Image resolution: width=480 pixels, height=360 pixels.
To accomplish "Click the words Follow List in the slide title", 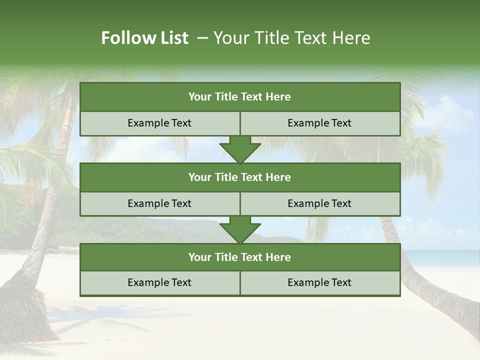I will point(144,38).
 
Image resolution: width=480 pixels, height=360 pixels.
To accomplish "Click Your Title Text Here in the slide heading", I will point(291,38).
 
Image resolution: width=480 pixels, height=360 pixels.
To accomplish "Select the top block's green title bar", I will point(240,97).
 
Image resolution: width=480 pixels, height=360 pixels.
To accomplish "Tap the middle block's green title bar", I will point(240,177).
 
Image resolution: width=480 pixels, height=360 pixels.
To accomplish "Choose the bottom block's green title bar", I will point(240,257).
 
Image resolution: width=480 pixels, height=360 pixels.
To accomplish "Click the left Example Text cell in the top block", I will point(159,123).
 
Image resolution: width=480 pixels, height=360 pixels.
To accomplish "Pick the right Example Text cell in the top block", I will point(319,123).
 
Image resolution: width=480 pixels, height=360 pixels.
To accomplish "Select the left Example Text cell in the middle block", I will point(159,203).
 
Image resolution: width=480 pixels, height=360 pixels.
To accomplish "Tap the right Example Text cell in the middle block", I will point(319,203).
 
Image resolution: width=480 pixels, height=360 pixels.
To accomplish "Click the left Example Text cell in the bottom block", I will point(159,282).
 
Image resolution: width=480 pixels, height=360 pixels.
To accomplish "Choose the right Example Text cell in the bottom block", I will point(319,282).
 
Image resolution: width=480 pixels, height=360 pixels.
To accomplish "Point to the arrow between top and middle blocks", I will point(240,150).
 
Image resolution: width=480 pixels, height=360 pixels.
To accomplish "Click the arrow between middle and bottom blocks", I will point(240,230).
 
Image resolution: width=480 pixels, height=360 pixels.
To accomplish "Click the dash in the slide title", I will point(202,38).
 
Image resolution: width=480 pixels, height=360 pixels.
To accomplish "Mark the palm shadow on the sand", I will point(100,320).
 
